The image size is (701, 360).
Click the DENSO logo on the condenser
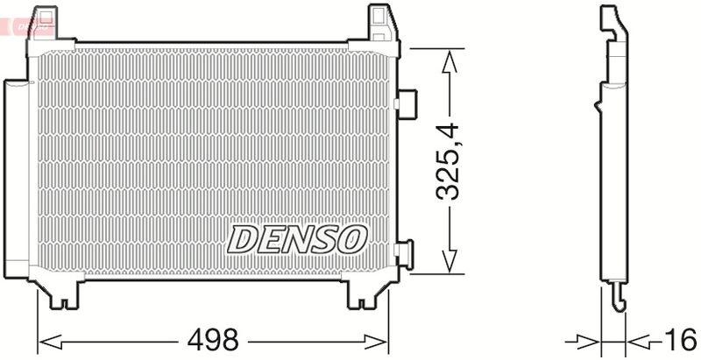[297, 238]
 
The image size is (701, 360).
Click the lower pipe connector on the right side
[405, 253]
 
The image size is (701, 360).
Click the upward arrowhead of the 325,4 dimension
[449, 59]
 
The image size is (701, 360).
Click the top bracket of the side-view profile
[611, 22]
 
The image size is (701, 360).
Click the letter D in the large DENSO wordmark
[245, 238]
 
